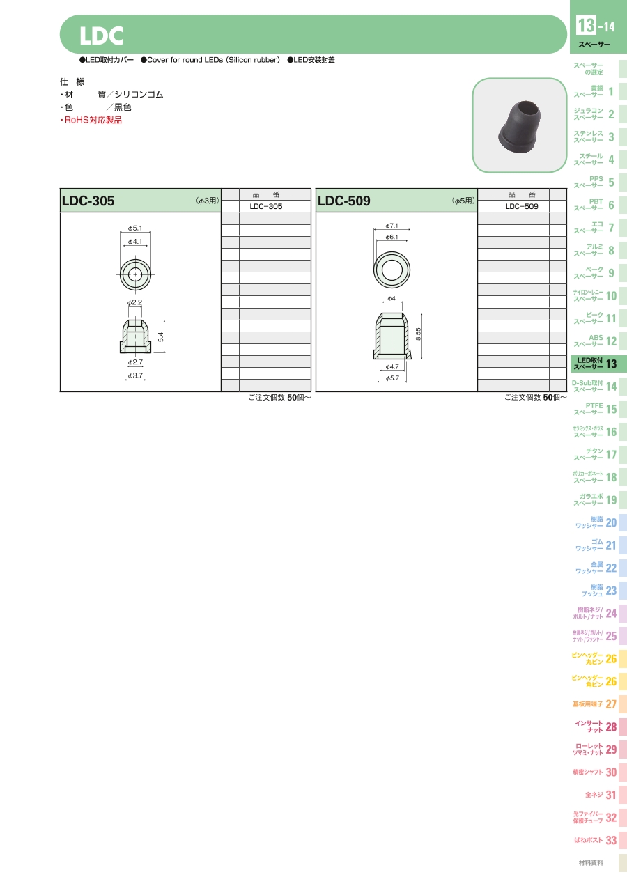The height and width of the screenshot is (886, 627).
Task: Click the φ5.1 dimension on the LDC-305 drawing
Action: coord(135,228)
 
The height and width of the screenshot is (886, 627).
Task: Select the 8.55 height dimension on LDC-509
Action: coord(419,334)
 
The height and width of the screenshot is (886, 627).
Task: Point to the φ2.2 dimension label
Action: coord(134,302)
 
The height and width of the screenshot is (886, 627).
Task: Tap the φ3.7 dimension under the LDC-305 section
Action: coord(135,375)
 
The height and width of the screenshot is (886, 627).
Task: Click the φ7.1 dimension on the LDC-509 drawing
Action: coord(392,226)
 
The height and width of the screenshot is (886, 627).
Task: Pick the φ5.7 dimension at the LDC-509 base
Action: coord(392,378)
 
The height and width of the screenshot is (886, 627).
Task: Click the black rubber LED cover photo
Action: coord(519,126)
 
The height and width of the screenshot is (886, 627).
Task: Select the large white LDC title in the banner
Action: coord(101,36)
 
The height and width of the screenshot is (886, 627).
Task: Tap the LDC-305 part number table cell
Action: coord(266,206)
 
